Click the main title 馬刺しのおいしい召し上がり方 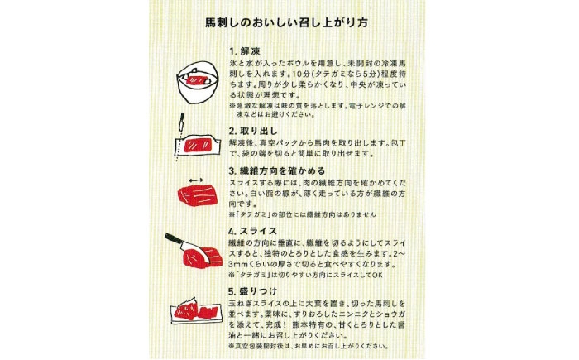coord(286,22)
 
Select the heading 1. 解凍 coord(245,51)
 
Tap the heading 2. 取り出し coord(253,132)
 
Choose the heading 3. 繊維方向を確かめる coord(277,171)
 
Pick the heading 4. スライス coord(252,232)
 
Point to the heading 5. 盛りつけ coord(252,291)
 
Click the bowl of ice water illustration coord(198,82)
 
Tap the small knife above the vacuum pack coord(181,122)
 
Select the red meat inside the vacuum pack coord(197,146)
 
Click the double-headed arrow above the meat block coord(196,180)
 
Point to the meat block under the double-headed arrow coord(198,195)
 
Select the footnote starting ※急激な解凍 coord(318,110)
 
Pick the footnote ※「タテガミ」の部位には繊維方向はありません coord(303,214)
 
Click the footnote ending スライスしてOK coord(306,275)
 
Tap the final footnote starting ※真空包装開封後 coord(309,347)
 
